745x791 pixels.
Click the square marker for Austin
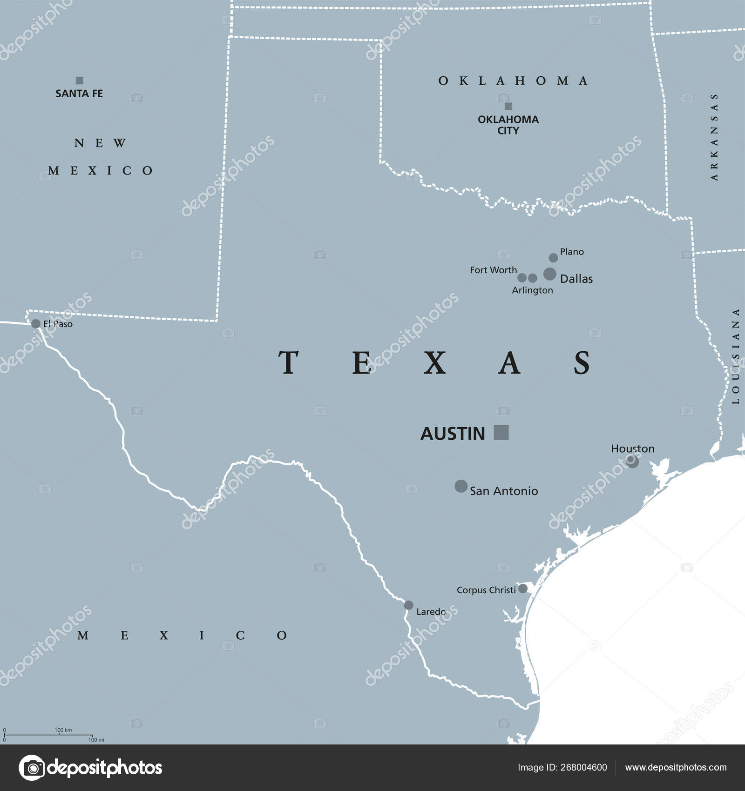coord(501,432)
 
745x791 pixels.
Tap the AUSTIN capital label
coord(453,434)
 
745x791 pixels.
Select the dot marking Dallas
coord(549,274)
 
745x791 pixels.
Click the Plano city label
coord(572,252)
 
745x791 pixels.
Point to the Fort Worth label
coord(493,270)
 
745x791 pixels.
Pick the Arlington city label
coord(532,290)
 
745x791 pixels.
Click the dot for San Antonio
coord(461,486)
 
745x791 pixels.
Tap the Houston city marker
coord(632,461)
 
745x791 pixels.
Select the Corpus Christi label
coord(486,590)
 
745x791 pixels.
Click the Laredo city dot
coord(408,605)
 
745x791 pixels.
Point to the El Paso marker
coord(36,323)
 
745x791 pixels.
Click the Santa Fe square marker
coord(80,80)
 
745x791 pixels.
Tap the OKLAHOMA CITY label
coord(508,125)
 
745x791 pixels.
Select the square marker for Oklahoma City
coord(508,106)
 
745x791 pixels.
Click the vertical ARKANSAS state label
coord(714,137)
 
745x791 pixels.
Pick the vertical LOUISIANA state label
coord(735,356)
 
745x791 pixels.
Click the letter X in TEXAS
coord(435,363)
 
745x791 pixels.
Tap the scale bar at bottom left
coord(48,735)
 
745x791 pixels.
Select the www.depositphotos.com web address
coord(676,767)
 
